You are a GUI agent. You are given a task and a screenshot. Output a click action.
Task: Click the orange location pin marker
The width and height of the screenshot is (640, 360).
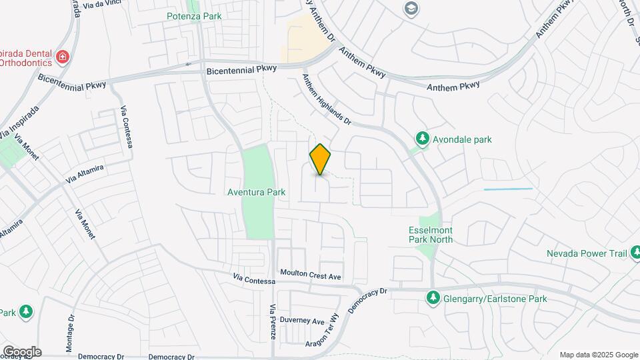[321, 159]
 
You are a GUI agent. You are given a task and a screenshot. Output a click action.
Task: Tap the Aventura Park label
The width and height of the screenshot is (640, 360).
[257, 193]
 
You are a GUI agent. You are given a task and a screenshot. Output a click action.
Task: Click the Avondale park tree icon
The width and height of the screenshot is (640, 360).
[422, 139]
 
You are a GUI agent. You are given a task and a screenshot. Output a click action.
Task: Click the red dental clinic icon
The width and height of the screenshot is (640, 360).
[62, 57]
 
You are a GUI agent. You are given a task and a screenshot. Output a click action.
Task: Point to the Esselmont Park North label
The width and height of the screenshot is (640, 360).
[430, 235]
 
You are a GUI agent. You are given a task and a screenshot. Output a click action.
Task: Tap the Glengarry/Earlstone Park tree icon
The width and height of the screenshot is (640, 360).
[433, 298]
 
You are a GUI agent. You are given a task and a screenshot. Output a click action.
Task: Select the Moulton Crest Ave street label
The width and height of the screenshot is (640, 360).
[311, 275]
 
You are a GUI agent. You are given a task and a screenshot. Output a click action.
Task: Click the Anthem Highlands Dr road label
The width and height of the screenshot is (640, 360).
[327, 99]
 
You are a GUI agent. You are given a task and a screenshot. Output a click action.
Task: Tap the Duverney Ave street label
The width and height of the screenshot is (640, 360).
[302, 321]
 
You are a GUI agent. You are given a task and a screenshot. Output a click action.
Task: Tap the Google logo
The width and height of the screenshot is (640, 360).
[22, 352]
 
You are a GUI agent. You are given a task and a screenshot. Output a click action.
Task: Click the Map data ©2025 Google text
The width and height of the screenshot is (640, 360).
[598, 355]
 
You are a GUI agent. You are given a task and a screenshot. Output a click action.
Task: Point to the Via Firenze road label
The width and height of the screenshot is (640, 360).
[273, 322]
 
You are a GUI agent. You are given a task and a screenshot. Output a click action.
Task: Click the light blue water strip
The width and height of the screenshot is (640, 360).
[508, 189]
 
